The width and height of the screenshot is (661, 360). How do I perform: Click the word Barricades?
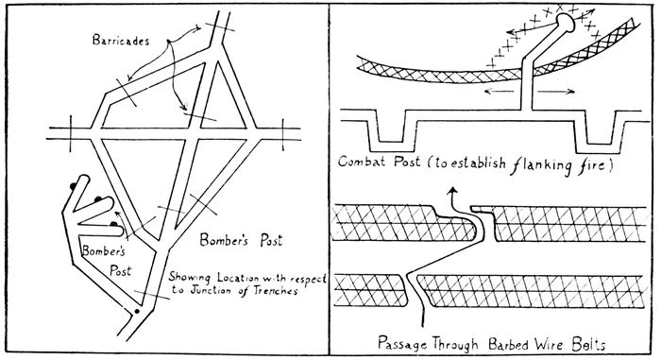pos(121,40)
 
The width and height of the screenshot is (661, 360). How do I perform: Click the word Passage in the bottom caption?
pos(402,343)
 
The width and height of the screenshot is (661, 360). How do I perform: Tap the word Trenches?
pos(276,290)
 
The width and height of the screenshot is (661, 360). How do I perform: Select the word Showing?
pos(189,277)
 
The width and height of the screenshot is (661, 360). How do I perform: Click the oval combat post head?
pos(566,23)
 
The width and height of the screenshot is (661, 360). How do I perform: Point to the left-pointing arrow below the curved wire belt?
pos(500,91)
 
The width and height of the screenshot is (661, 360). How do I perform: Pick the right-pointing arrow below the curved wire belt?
pos(557,91)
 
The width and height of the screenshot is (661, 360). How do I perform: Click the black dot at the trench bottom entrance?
pos(136,312)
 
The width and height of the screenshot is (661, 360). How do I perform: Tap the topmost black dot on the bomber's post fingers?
pos(74,185)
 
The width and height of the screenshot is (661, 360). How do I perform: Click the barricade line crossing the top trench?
pos(220,27)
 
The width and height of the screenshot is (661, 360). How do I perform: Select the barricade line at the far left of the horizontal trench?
pos(71,133)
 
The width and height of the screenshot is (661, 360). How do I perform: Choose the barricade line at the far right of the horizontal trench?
pos(283,134)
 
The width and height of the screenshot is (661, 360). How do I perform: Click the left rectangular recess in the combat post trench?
pos(392,131)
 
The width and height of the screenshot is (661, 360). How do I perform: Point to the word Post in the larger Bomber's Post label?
pos(271,240)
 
